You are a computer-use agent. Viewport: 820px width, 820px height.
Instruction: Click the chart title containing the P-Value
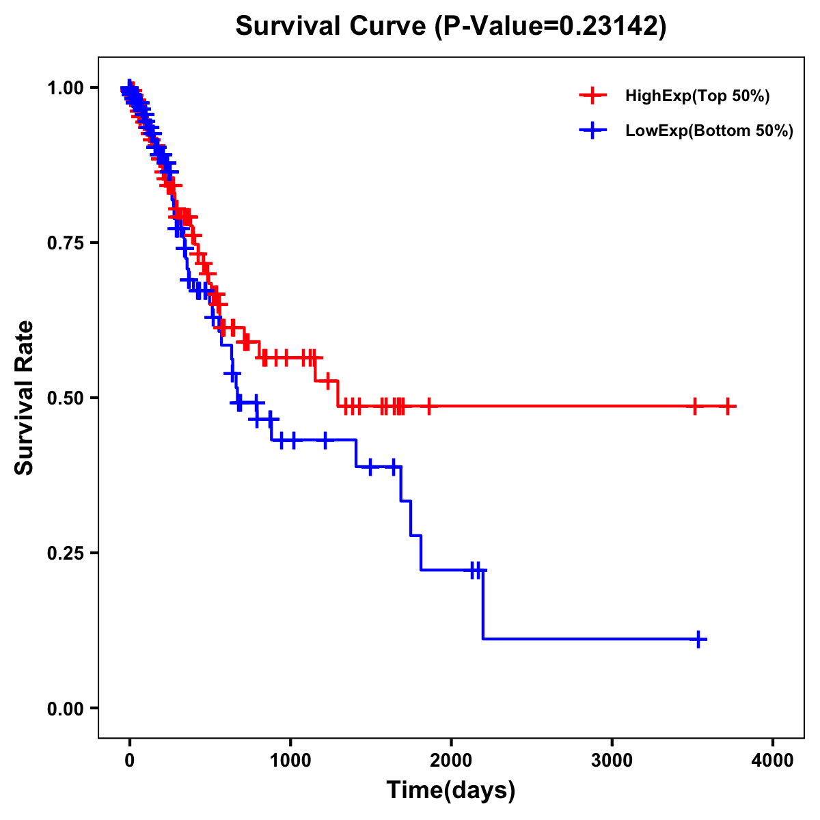point(450,26)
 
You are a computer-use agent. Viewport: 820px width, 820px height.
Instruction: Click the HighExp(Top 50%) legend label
point(697,96)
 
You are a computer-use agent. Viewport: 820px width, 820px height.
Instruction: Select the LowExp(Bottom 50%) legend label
point(709,131)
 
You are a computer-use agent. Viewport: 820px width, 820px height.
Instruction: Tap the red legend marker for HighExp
point(592,96)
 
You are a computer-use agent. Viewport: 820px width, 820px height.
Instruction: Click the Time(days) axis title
point(451,791)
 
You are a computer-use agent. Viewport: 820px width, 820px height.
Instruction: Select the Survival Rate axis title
point(25,397)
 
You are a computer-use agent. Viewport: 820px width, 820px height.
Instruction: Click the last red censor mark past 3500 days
point(728,407)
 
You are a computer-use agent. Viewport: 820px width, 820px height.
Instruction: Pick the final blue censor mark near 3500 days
point(698,639)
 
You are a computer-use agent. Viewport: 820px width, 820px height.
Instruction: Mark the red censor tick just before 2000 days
point(429,407)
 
